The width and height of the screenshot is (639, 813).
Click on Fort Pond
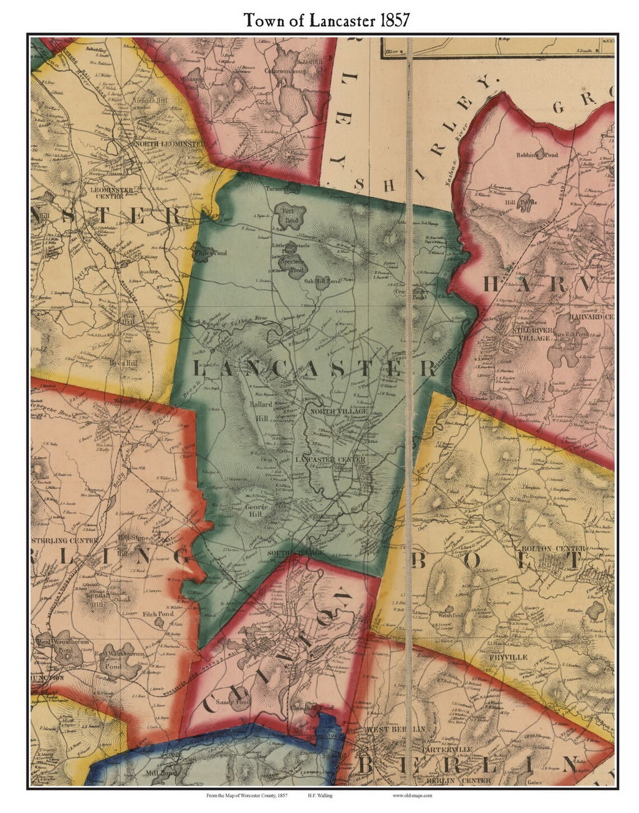(x=290, y=215)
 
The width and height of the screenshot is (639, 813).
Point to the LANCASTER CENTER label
(x=330, y=459)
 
